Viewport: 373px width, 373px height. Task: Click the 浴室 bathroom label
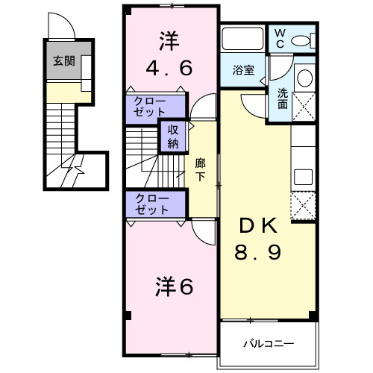pyautogui.click(x=242, y=71)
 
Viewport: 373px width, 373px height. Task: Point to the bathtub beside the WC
pyautogui.click(x=242, y=39)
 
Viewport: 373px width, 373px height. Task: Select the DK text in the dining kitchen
pyautogui.click(x=257, y=225)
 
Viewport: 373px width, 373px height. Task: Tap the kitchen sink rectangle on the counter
pyautogui.click(x=304, y=176)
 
